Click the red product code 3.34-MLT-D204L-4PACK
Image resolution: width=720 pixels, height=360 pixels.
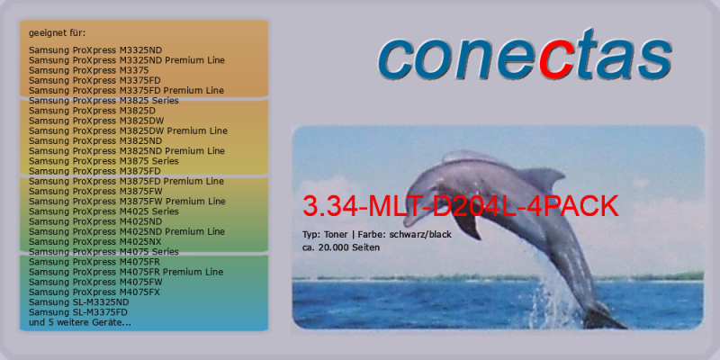tap(461, 207)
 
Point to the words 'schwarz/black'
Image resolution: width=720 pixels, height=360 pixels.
tap(420, 235)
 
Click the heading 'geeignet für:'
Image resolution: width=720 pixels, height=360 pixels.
tap(58, 33)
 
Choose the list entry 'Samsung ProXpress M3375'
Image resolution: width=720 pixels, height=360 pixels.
tap(88, 70)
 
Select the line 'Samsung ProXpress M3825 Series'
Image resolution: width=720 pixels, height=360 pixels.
tap(103, 101)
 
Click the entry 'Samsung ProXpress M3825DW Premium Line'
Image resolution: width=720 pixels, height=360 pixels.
tap(128, 130)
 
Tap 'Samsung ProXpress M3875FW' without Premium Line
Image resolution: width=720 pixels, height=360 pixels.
tap(95, 191)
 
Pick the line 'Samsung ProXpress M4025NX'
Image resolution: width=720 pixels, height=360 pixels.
tap(95, 241)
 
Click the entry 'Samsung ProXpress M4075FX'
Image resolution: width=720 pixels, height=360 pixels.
tap(94, 292)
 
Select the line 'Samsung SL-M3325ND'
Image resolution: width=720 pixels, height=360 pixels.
tap(79, 302)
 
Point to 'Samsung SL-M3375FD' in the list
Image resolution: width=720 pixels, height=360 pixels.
tap(78, 312)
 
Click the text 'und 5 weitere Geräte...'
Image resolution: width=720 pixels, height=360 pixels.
tap(80, 322)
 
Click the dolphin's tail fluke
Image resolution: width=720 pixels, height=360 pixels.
tap(605, 318)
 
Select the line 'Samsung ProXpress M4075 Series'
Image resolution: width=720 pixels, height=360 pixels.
tap(103, 252)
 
